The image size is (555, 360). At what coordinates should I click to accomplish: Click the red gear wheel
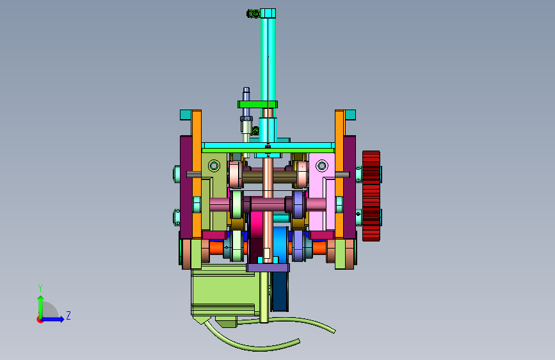[x=371, y=196]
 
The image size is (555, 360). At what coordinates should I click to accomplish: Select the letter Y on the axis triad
[x=40, y=288]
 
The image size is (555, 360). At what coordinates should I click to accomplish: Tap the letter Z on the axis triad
[x=68, y=315]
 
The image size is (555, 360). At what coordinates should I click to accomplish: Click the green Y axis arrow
[x=41, y=307]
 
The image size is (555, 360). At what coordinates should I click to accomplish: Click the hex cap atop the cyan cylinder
[x=268, y=13]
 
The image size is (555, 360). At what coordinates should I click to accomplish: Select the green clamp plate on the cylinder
[x=257, y=104]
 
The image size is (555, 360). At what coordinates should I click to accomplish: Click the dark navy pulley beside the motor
[x=280, y=291]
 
